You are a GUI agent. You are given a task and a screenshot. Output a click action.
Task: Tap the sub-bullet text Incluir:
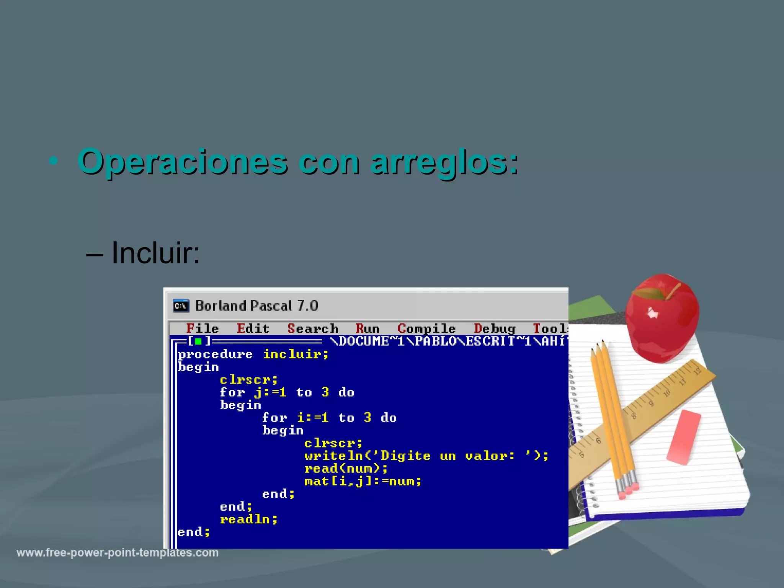(x=155, y=253)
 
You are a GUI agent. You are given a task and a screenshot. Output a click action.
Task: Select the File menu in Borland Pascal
(x=202, y=328)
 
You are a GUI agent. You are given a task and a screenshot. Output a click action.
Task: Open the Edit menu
(x=253, y=328)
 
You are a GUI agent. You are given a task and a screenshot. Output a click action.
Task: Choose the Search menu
(x=313, y=328)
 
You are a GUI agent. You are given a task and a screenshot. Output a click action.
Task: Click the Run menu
(x=367, y=328)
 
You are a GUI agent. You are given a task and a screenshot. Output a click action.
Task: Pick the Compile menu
(x=426, y=328)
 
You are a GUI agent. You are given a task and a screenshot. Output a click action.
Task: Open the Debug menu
(x=495, y=328)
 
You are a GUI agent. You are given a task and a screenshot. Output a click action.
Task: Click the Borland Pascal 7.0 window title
(x=256, y=306)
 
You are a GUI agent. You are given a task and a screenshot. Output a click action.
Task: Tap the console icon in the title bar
(x=181, y=306)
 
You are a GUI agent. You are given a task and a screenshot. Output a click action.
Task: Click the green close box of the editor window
(x=198, y=341)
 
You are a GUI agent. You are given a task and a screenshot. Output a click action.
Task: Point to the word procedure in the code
(x=215, y=354)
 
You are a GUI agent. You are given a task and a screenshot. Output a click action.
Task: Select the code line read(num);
(x=346, y=469)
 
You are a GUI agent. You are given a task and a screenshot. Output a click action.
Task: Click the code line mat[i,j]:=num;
(x=363, y=481)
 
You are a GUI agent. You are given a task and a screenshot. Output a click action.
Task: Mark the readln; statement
(x=249, y=519)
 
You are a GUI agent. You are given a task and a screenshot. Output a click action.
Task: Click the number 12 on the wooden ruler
(x=697, y=371)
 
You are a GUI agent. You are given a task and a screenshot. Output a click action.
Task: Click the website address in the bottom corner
(x=118, y=553)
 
